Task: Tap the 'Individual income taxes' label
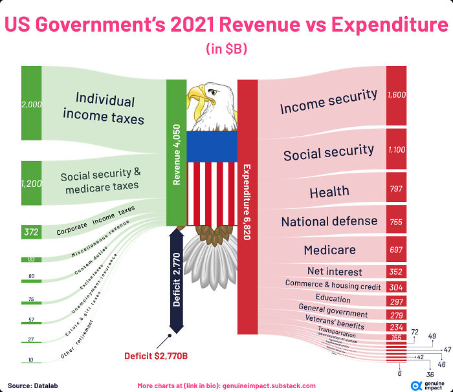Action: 104,109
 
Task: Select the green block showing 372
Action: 31,232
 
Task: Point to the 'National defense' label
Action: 329,221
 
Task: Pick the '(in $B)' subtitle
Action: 226,49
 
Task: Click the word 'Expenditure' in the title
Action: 388,25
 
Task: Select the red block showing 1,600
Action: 396,94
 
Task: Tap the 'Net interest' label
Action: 335,272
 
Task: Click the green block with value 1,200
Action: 31,183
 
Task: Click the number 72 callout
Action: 415,332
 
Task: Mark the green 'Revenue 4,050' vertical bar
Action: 176,152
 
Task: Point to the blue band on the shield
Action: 212,146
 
